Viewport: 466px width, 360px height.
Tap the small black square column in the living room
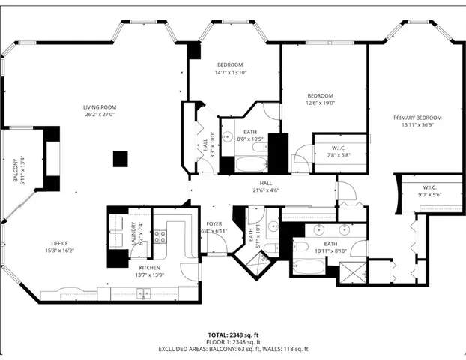point(120,158)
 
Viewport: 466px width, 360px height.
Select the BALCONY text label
point(15,171)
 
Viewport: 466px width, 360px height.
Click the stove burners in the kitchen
point(160,237)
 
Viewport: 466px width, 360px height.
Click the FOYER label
point(214,223)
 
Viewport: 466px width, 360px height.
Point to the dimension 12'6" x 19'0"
point(320,103)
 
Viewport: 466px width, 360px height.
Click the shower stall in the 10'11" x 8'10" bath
point(351,272)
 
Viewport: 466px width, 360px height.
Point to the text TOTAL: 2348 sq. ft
point(233,334)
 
